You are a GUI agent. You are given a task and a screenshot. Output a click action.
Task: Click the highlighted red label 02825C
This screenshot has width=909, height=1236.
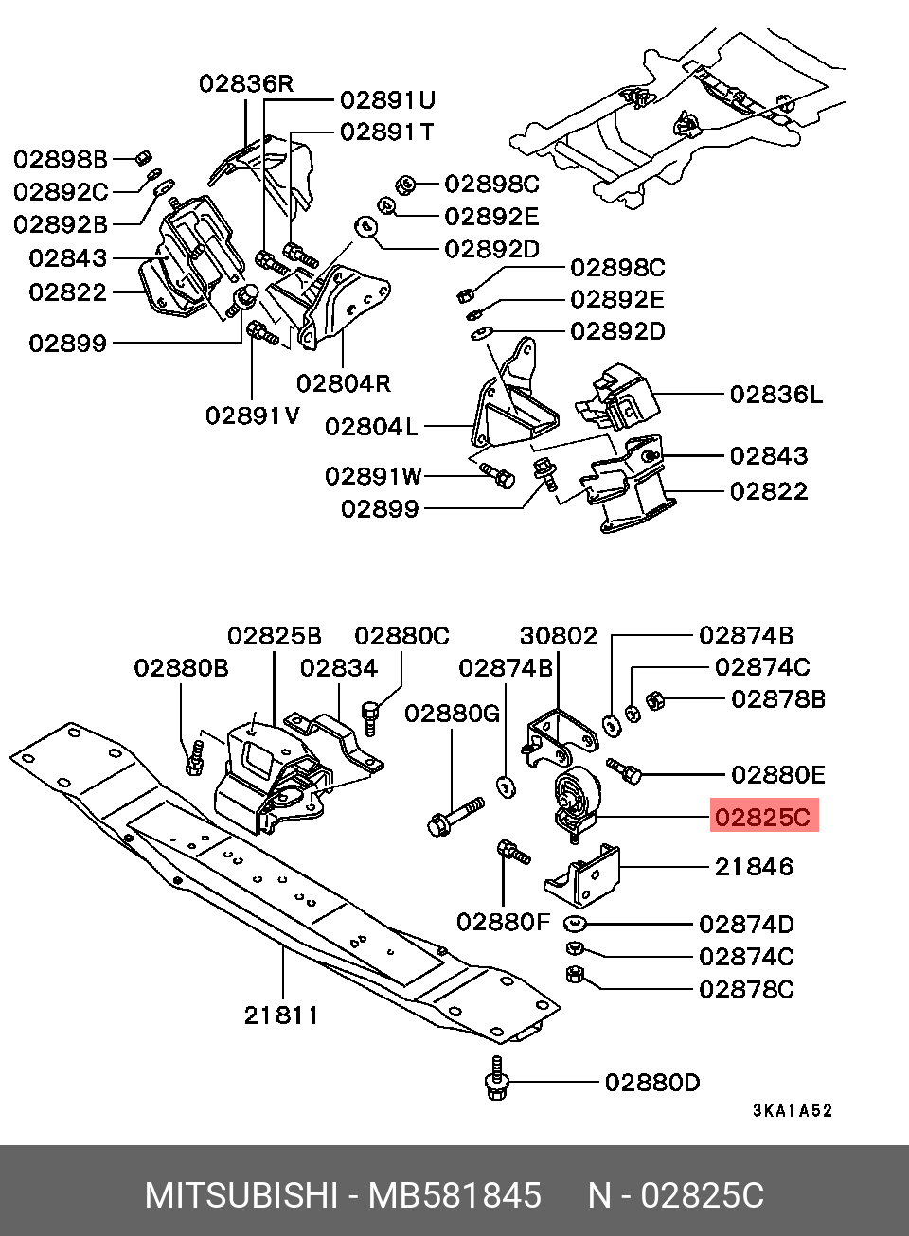click(x=764, y=817)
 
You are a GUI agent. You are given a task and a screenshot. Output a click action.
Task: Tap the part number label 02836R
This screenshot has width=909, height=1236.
click(x=246, y=84)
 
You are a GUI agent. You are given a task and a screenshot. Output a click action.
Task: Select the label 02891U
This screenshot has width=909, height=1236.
click(x=387, y=100)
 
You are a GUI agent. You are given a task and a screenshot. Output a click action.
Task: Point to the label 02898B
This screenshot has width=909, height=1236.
click(x=61, y=159)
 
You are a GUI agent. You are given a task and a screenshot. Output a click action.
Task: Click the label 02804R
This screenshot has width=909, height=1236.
click(x=344, y=383)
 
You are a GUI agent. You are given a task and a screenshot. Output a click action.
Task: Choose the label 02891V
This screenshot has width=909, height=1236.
click(x=253, y=415)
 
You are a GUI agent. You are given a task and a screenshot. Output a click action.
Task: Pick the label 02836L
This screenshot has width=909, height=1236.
click(x=776, y=395)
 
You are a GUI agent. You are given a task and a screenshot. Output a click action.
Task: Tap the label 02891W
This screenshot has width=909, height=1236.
click(x=374, y=476)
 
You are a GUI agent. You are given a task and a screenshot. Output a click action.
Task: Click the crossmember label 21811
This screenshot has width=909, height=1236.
click(x=281, y=1015)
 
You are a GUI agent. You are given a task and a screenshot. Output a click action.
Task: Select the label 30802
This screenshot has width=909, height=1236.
click(x=559, y=636)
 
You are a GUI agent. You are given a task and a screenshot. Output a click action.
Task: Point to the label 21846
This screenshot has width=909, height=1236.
click(x=754, y=868)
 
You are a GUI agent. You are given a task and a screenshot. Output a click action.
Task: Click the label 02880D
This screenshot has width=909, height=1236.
click(x=652, y=1083)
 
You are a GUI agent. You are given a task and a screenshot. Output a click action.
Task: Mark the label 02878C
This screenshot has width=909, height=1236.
click(x=747, y=989)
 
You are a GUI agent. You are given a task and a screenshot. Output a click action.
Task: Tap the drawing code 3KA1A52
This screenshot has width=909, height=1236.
click(x=793, y=1110)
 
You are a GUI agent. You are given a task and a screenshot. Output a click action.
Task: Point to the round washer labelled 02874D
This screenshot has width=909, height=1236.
click(x=575, y=923)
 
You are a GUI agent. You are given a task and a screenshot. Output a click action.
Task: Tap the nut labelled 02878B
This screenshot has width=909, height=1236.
click(x=655, y=701)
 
